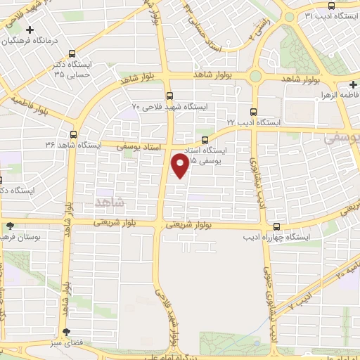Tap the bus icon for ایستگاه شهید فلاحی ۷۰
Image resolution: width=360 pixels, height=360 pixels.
point(169,95)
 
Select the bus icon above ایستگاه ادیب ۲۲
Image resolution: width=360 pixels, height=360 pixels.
point(254,111)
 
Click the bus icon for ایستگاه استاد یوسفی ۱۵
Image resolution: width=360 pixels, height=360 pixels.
point(205,139)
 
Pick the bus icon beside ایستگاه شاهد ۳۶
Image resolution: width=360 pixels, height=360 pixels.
point(74,134)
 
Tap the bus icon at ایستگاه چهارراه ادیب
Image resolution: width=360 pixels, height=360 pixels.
point(278,226)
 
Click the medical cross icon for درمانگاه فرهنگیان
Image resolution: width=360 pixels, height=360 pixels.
point(29,30)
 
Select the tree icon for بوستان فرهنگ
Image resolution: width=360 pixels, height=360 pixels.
point(10,226)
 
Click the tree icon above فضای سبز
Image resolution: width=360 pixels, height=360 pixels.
point(66,332)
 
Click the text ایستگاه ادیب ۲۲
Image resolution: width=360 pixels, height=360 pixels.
point(253,122)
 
